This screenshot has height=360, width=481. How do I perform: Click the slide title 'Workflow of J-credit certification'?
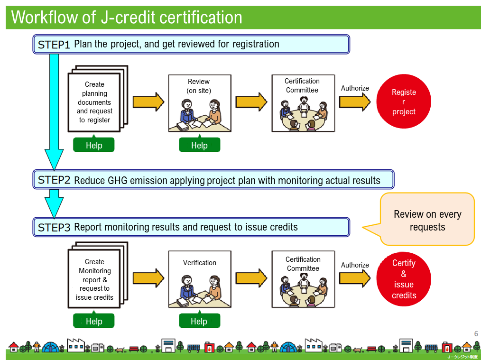[x=127, y=18]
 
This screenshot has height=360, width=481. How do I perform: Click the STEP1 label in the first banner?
[x=54, y=45]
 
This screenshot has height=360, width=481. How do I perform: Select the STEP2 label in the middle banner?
[x=54, y=180]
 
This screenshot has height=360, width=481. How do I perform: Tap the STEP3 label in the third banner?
[x=54, y=227]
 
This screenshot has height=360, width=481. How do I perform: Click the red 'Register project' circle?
[x=403, y=102]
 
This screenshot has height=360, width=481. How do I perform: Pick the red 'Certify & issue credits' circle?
[x=403, y=279]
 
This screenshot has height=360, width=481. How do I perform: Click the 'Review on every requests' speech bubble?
[x=427, y=220]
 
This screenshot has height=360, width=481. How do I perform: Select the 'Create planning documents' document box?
[x=94, y=102]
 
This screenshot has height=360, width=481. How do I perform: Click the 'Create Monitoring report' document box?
[x=94, y=279]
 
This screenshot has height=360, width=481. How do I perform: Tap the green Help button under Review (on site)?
[x=199, y=145]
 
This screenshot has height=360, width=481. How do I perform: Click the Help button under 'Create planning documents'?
[x=94, y=145]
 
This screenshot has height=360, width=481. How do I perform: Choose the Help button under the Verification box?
[x=199, y=321]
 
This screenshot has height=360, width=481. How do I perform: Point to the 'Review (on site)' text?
[x=199, y=86]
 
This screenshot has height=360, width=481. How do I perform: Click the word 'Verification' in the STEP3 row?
[x=199, y=263]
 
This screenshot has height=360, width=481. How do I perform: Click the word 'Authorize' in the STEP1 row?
[x=355, y=88]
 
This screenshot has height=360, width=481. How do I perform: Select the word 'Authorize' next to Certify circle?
[x=355, y=265]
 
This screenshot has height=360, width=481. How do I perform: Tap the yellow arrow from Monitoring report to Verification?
[x=148, y=278]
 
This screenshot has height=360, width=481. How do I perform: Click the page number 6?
[x=476, y=333]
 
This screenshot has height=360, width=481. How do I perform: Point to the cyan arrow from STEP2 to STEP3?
[x=54, y=203]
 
